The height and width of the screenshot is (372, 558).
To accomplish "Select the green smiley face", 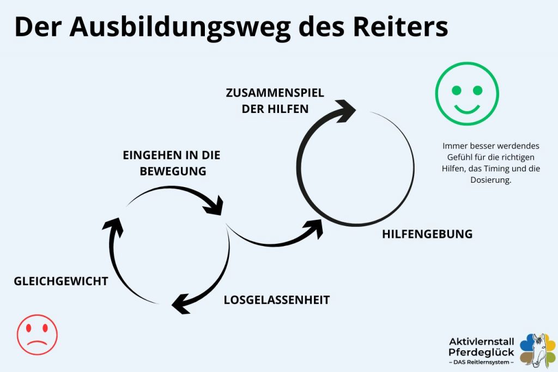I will pos(467,94).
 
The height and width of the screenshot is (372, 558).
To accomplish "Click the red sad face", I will pos(37,334).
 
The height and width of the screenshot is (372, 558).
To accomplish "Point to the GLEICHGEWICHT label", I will pos(61,281).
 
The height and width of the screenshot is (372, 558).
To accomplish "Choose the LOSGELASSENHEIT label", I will pos(277,300).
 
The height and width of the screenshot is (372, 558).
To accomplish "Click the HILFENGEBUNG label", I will pos(427,235).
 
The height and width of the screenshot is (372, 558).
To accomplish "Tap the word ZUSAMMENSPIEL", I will pos(275,93).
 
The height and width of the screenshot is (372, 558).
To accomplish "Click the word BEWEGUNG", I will pos(173,171).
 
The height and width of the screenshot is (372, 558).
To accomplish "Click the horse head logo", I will pos(538,350).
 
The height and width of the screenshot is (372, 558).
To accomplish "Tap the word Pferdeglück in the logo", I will pos(481,352).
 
